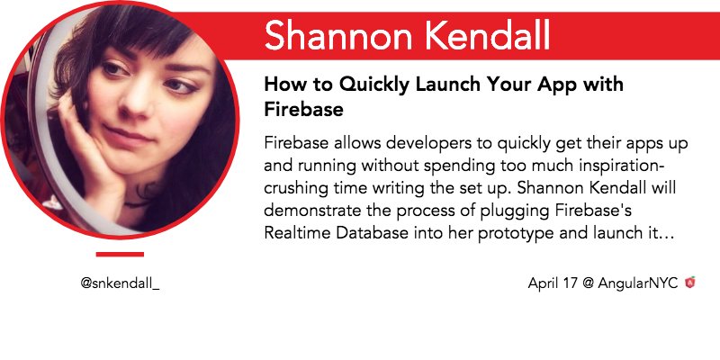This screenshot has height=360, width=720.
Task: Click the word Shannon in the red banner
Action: click(x=337, y=36)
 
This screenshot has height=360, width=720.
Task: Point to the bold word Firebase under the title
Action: click(x=303, y=110)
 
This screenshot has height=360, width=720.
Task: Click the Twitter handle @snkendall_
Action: click(x=120, y=283)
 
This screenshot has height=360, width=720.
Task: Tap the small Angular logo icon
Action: click(x=689, y=283)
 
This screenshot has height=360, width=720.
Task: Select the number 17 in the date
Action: click(x=569, y=283)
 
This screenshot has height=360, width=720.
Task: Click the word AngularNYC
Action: click(x=637, y=283)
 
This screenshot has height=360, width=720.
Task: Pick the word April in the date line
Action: click(x=543, y=283)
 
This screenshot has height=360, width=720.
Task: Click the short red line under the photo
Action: click(x=120, y=254)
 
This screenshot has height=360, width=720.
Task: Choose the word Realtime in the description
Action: click(x=298, y=233)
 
